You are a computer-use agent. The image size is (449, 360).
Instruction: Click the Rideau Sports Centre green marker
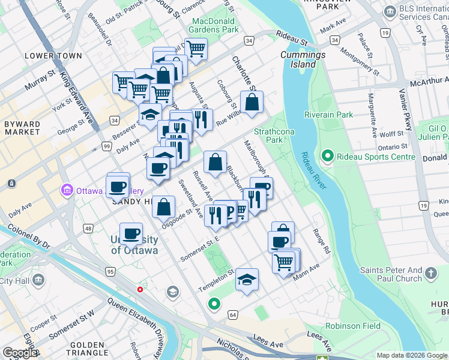tap(327, 157)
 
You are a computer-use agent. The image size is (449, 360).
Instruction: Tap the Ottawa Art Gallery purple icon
tap(67, 191)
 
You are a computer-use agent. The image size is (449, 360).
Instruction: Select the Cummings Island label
tap(298, 59)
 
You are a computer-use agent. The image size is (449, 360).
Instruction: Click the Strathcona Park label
tap(268, 136)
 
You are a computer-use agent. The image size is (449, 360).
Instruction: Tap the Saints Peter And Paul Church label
tap(392, 274)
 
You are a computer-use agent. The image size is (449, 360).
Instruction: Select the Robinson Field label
tap(353, 326)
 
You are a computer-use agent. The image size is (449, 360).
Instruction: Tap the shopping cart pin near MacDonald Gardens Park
tap(196, 48)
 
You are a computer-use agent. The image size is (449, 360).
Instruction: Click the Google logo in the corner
tap(20, 353)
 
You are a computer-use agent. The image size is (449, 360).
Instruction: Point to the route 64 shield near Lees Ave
tap(233, 314)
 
